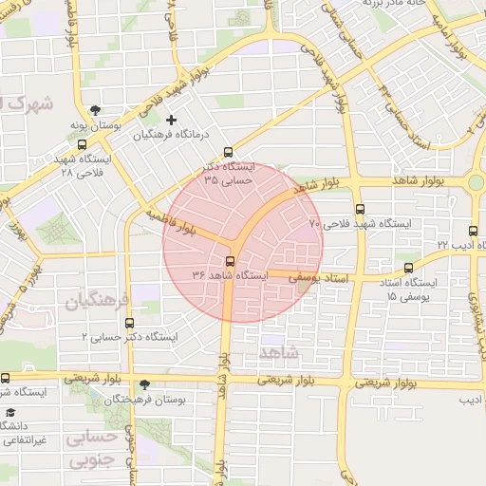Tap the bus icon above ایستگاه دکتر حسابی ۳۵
click(x=227, y=152)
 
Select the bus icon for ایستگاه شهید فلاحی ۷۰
click(x=359, y=210)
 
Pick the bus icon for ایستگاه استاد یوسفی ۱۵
click(x=409, y=269)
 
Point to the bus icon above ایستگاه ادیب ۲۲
click(x=474, y=231)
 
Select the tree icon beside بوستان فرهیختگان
click(x=143, y=384)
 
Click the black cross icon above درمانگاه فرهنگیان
click(x=171, y=120)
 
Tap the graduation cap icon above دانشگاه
click(x=10, y=413)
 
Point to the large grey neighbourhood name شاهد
click(x=277, y=353)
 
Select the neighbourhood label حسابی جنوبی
click(x=92, y=448)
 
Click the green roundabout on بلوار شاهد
click(x=477, y=181)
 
